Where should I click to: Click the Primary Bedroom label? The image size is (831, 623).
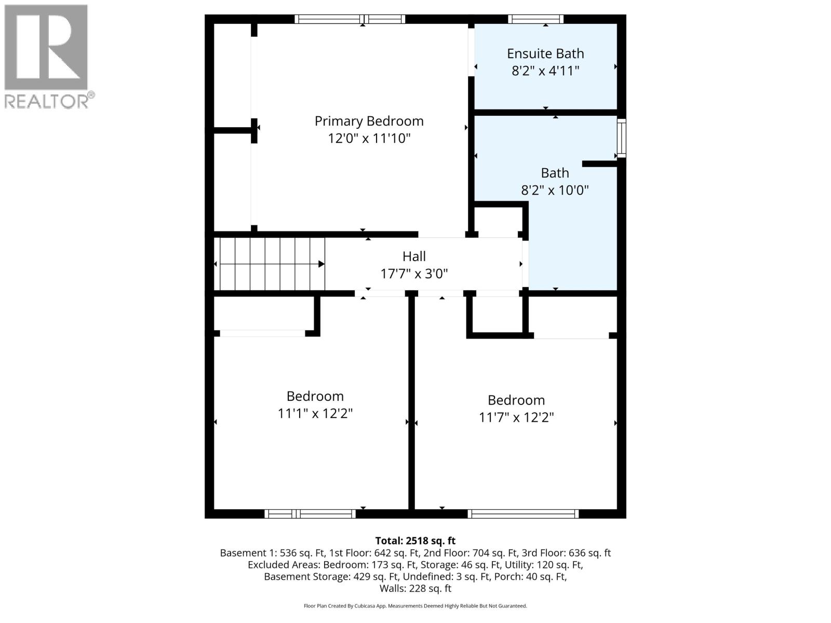(369, 121)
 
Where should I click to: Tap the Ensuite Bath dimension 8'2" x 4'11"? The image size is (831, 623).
(545, 71)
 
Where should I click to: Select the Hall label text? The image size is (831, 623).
(414, 256)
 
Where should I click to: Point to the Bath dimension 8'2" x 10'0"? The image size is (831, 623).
(555, 190)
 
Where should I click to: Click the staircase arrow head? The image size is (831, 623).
(321, 264)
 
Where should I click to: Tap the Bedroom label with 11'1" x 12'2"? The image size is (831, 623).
(315, 396)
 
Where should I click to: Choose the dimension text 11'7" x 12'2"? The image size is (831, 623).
(516, 417)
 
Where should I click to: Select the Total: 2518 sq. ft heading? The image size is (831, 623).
(415, 540)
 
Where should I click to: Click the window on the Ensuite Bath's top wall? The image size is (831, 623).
(535, 19)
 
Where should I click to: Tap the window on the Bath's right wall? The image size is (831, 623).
(621, 138)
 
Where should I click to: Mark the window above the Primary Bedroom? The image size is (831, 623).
(350, 19)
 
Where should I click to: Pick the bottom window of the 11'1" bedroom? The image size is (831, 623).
(310, 514)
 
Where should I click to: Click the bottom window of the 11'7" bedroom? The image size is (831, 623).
(523, 514)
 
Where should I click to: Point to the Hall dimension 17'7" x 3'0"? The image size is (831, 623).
(414, 274)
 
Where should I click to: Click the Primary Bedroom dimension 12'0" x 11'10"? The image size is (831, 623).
(369, 139)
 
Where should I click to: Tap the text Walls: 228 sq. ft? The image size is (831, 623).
(415, 588)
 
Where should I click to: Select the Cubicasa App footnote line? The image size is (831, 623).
(415, 606)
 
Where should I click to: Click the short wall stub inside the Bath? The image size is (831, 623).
(599, 164)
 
